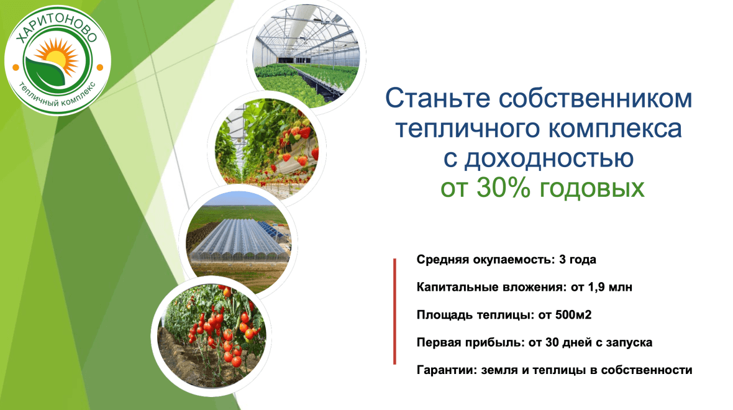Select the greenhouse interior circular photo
pos(307,56)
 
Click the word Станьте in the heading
pos(437,99)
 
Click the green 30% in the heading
pos(504,188)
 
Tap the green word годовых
pos(592,188)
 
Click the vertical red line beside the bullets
pos(394,311)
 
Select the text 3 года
pos(577,260)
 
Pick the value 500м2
pos(573,314)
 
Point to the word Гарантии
pos(447,370)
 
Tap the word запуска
pos(629,343)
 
